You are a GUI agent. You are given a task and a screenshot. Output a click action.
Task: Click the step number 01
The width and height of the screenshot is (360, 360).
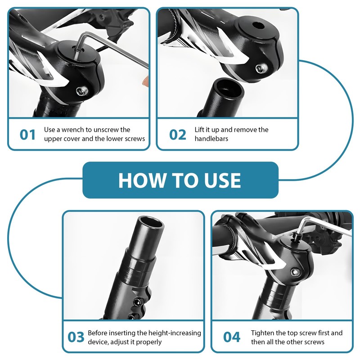pos(27,135)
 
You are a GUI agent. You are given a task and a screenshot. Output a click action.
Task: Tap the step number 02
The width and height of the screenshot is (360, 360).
pos(177,135)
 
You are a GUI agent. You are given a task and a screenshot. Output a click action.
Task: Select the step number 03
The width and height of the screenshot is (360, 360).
pos(76,337)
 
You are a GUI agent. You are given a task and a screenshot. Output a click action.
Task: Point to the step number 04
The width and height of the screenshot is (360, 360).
pos(232,337)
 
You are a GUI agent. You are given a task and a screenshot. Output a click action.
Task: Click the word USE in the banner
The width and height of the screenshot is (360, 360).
pos(222,180)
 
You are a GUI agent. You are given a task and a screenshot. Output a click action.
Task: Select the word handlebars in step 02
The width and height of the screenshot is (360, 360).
pos(211,139)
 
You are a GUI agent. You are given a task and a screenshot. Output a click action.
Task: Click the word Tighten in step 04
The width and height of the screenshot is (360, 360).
pos(262,333)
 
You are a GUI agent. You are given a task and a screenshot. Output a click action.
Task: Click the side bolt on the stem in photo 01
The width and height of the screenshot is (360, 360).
pos(82,91)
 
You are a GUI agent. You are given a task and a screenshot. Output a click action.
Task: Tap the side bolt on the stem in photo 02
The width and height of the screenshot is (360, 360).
pos(261,68)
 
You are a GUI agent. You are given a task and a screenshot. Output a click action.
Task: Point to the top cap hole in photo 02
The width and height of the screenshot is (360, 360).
pos(258,25)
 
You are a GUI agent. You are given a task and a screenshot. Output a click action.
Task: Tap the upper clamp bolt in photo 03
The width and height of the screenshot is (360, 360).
pos(137,301)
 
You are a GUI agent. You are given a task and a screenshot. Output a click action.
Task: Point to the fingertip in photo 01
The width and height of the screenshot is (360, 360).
pos(145,81)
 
